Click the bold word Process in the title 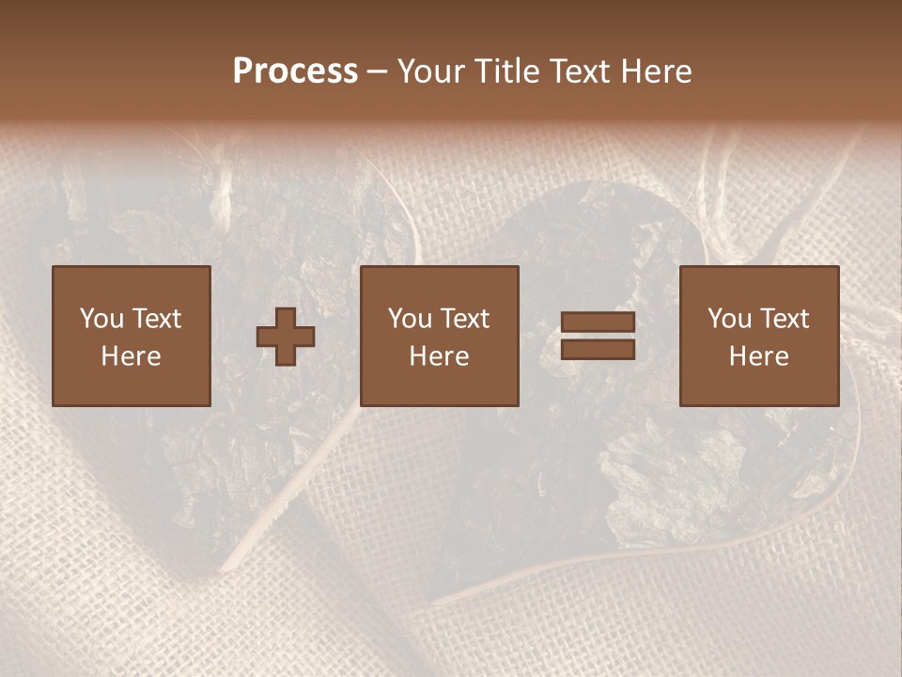click(x=295, y=71)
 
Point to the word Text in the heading click(x=579, y=71)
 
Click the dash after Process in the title click(x=378, y=72)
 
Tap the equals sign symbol click(x=598, y=336)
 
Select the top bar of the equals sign click(x=598, y=323)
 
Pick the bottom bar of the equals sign click(x=598, y=349)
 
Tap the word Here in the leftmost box click(x=131, y=356)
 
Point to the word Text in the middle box click(x=465, y=319)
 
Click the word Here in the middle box click(x=439, y=356)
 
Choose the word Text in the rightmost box click(x=785, y=319)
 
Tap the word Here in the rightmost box click(x=758, y=356)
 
